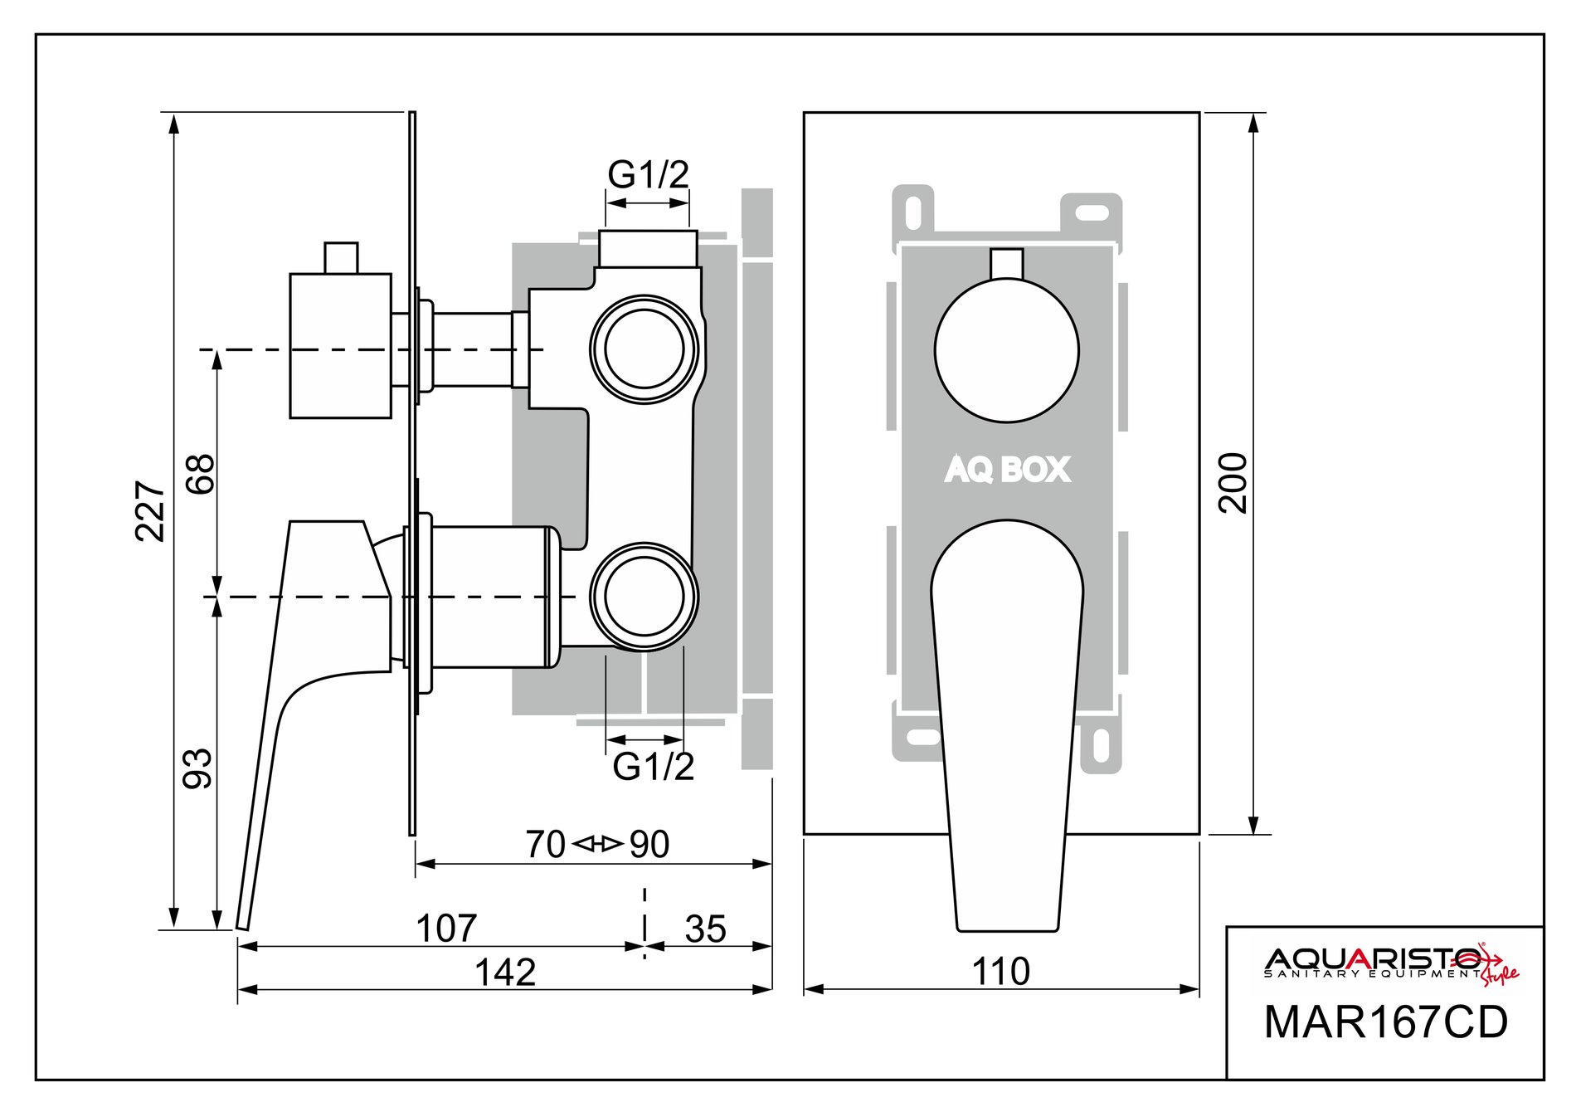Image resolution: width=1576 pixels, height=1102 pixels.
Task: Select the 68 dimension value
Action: [201, 474]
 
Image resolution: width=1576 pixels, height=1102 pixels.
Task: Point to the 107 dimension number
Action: [446, 929]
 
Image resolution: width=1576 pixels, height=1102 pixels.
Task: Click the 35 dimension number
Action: [705, 929]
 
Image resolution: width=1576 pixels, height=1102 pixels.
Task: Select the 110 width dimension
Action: [1000, 972]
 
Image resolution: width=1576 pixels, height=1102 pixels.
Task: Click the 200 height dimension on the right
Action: [1234, 483]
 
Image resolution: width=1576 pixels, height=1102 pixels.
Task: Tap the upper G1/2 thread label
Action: [648, 175]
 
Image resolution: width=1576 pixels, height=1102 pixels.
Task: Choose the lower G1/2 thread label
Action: [653, 767]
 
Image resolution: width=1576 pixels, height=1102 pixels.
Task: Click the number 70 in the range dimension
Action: [545, 845]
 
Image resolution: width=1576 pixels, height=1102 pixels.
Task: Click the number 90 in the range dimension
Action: [649, 845]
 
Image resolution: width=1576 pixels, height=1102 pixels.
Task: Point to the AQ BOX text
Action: [1007, 470]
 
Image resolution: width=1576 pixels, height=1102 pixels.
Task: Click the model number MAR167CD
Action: [1385, 1022]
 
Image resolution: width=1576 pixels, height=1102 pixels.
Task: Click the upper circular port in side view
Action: [645, 348]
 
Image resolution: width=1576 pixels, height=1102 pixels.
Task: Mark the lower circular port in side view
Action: [645, 597]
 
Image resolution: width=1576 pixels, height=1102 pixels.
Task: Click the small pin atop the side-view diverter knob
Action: [341, 257]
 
